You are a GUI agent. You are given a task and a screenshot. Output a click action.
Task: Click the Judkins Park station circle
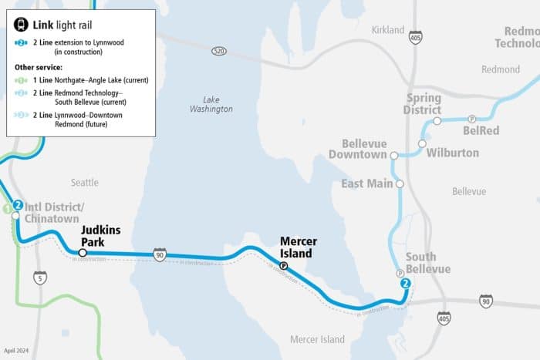pos(83,252)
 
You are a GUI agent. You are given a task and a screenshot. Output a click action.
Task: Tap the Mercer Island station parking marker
pos(283,266)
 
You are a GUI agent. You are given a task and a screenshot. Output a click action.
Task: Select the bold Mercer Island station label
pos(298,247)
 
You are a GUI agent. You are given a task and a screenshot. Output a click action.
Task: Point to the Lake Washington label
pos(211,104)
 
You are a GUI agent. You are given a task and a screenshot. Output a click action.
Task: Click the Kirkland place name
pos(388,30)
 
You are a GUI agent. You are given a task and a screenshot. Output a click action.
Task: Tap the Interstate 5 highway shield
pos(39,278)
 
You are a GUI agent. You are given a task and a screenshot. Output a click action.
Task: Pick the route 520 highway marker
pos(220,50)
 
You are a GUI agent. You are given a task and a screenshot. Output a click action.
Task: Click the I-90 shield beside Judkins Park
pos(160,255)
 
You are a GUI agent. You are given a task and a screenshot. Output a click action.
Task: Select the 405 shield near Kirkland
pos(416,37)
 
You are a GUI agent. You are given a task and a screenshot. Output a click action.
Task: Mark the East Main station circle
pos(400,184)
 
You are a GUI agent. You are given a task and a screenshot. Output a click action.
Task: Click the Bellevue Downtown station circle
pos(394,155)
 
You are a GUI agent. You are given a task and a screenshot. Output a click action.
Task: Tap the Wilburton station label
pos(452,153)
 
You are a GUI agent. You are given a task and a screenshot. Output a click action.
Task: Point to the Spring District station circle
pos(437,121)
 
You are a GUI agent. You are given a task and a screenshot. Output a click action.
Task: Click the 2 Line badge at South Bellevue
pos(405,284)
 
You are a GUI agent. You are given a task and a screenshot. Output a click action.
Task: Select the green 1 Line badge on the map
pos(6,207)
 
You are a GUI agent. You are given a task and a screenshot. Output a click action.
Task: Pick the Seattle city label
pos(85,183)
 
